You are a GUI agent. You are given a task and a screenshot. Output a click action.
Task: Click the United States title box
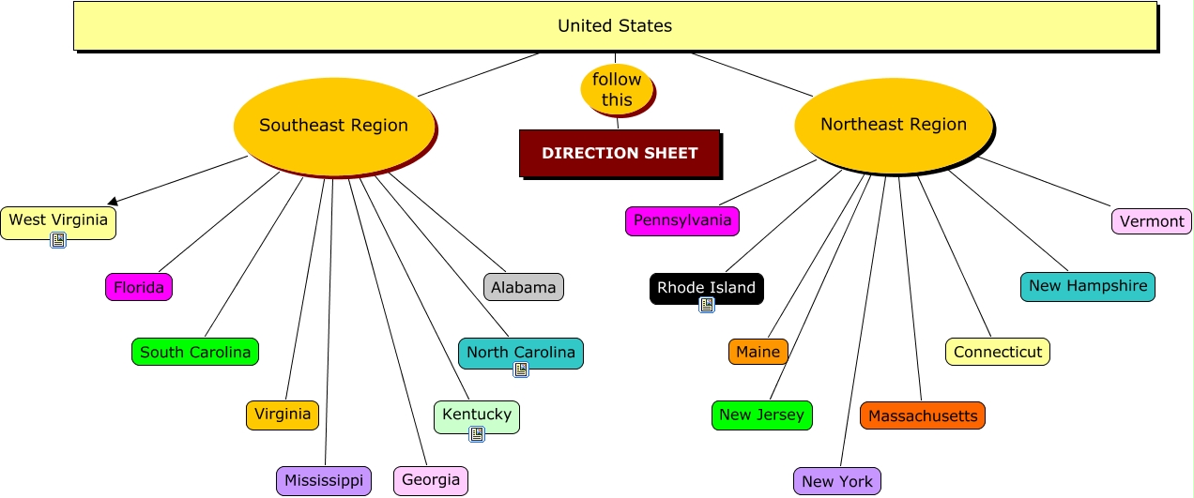tap(615, 25)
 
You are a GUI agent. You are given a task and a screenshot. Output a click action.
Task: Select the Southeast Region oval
tap(333, 125)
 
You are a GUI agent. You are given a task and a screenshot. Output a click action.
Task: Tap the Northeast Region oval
tap(893, 124)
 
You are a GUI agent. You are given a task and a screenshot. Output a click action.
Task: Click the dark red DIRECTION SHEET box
tap(620, 153)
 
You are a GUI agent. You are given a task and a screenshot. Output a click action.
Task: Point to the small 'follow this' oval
tap(617, 89)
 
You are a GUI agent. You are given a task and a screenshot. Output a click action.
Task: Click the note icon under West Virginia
tap(58, 240)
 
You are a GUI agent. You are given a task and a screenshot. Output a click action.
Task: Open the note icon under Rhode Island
tap(707, 304)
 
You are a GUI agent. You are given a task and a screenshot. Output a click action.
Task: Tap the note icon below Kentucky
tap(477, 433)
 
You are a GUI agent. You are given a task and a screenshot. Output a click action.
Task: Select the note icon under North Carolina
tap(521, 370)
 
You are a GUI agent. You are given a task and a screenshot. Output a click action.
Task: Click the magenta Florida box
tap(139, 287)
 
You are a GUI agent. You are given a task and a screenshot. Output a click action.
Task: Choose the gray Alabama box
tap(524, 287)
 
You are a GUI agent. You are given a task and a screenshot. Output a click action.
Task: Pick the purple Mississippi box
tap(324, 481)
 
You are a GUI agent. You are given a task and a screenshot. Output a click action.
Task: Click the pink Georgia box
tap(431, 480)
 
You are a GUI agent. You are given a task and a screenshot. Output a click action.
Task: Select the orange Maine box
tap(758, 352)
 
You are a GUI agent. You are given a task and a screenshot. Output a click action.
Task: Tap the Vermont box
tap(1152, 221)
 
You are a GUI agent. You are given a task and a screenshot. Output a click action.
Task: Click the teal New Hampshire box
tap(1087, 286)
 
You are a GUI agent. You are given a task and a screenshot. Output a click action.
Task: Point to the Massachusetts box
tap(923, 415)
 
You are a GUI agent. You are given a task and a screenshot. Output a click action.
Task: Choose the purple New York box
tap(837, 481)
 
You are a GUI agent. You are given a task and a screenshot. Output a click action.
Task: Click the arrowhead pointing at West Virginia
tap(113, 201)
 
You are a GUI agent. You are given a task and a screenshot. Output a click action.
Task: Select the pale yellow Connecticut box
tap(998, 352)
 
